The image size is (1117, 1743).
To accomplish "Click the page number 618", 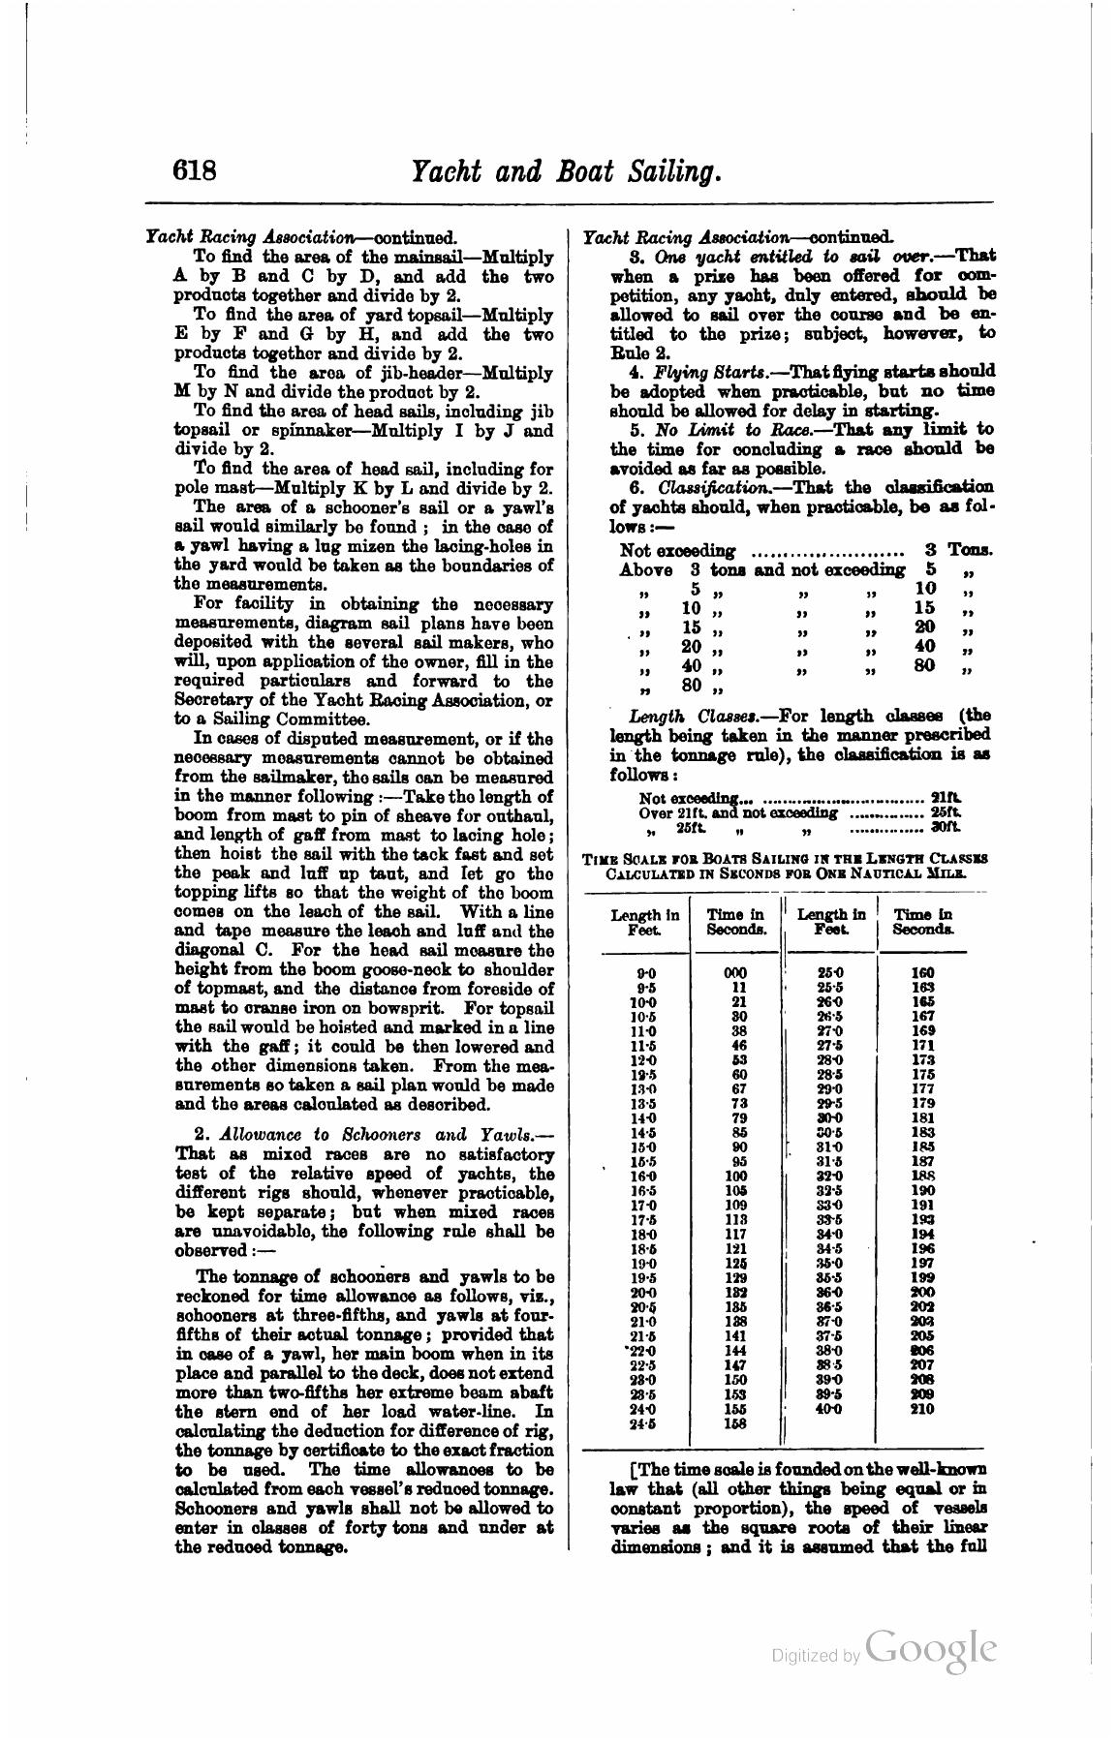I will (194, 171).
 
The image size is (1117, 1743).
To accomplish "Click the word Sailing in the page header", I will (662, 171).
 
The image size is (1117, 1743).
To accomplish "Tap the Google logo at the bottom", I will (931, 1648).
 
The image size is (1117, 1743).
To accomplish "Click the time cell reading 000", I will (735, 971).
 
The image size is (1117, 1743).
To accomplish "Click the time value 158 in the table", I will (735, 1423).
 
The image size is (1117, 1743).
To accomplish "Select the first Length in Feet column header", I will (644, 921).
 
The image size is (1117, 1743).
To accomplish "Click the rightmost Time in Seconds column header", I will (921, 921).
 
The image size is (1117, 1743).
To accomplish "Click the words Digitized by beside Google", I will (815, 1656).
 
